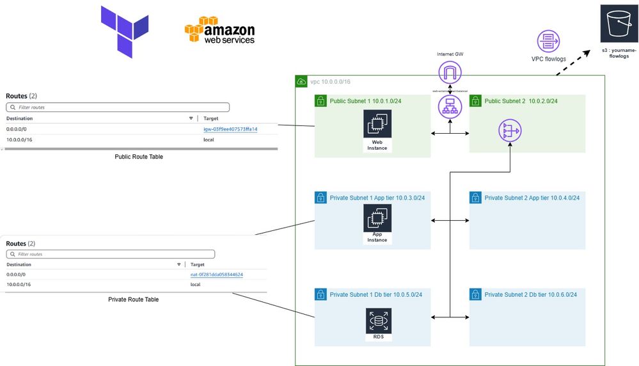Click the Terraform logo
(x=125, y=31)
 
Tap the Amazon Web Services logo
(x=219, y=31)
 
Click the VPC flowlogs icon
(x=548, y=42)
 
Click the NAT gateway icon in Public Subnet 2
(x=510, y=131)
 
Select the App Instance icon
(x=377, y=219)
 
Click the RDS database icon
(x=377, y=318)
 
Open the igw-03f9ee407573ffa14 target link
(x=230, y=129)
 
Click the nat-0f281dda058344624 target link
(x=217, y=274)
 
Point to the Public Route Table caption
(x=139, y=157)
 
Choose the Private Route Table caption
(x=134, y=299)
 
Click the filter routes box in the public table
(x=118, y=107)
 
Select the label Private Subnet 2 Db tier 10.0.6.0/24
(x=531, y=294)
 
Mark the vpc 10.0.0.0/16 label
(x=330, y=82)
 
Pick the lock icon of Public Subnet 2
(x=476, y=101)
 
